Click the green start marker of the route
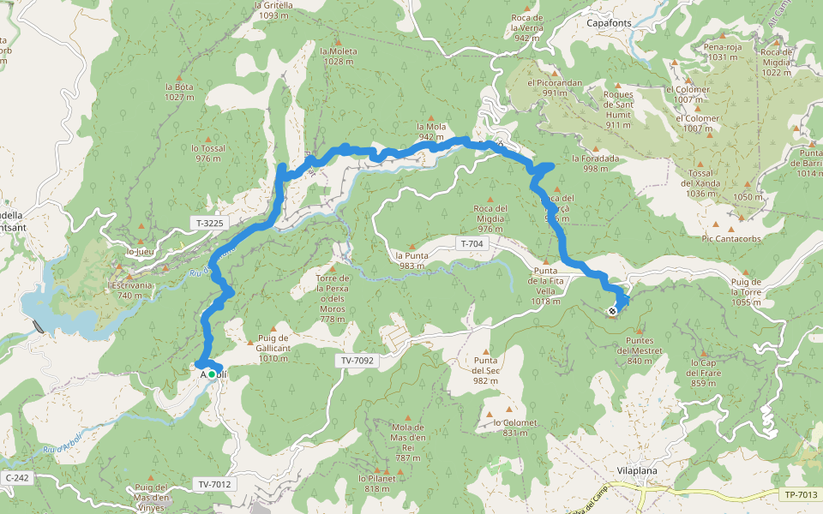pyautogui.click(x=212, y=374)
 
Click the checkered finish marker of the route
pyautogui.click(x=612, y=312)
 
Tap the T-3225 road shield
pyautogui.click(x=210, y=224)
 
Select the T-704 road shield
pyautogui.click(x=472, y=244)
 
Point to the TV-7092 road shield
pyautogui.click(x=356, y=361)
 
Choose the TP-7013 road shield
pyautogui.click(x=800, y=495)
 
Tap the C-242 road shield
pyautogui.click(x=17, y=477)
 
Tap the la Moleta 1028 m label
pyautogui.click(x=339, y=56)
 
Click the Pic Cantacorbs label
pyautogui.click(x=731, y=238)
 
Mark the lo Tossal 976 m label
pyautogui.click(x=208, y=152)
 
